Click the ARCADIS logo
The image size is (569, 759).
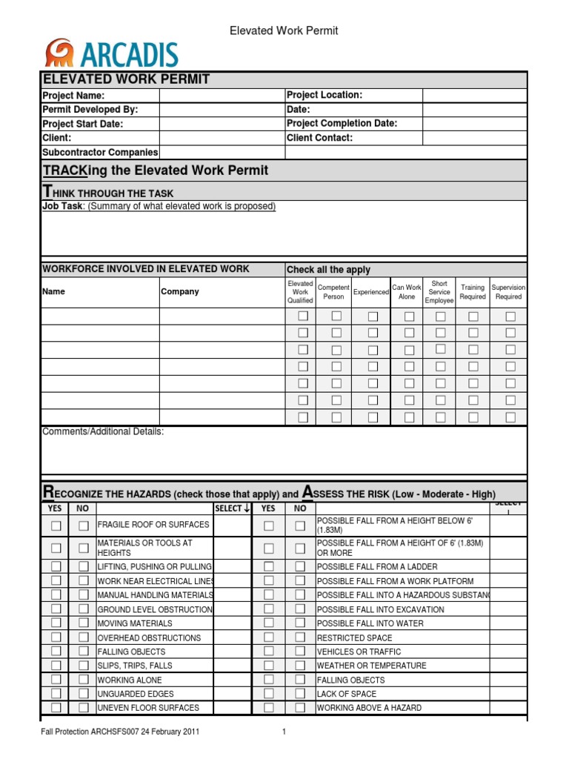click(111, 54)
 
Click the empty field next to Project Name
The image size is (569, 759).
click(222, 96)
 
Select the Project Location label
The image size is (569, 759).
click(324, 96)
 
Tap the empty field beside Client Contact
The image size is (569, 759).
click(474, 138)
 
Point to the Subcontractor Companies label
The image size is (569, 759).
click(100, 152)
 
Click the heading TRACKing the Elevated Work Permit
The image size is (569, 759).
click(155, 170)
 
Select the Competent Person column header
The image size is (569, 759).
click(333, 291)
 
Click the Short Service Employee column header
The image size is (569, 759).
click(439, 291)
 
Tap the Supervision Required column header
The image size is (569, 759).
click(508, 291)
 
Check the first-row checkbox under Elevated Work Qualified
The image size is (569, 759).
click(302, 316)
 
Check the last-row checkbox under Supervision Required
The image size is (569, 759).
click(510, 417)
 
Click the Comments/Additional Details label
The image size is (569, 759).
click(103, 431)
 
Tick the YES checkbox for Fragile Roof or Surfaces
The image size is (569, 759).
click(56, 526)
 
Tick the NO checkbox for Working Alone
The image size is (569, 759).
click(83, 680)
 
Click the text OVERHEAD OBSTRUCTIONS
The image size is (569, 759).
click(149, 637)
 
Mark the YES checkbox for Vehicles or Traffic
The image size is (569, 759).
click(268, 652)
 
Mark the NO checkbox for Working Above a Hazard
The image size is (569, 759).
click(300, 708)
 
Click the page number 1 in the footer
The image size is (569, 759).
click(284, 732)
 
